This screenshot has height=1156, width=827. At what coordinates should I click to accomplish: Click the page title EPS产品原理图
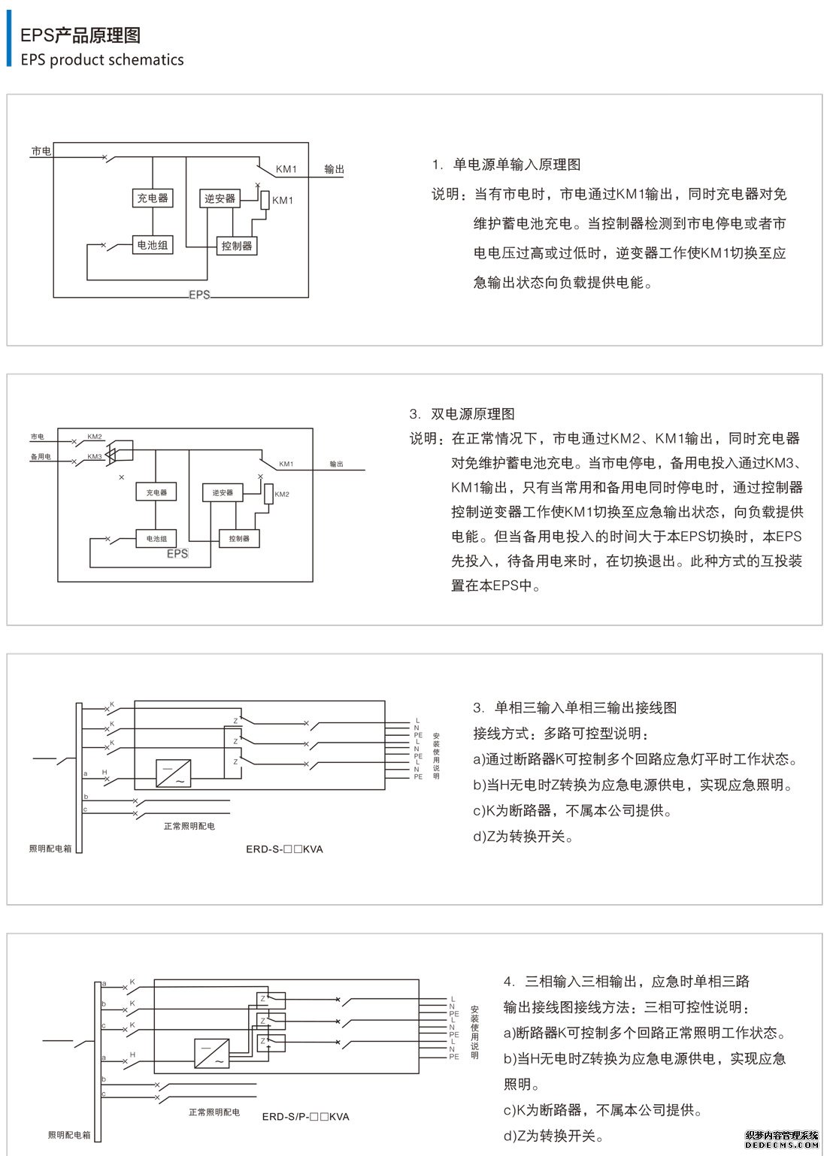point(80,35)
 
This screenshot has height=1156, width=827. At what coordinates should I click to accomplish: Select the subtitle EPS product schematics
point(102,60)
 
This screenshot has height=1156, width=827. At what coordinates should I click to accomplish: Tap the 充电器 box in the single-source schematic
point(153,198)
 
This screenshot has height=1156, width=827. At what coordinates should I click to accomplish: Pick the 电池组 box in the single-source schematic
point(153,245)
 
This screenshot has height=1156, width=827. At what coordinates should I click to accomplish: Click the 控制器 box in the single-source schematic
point(237,246)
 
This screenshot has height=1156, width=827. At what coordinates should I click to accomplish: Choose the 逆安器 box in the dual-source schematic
point(223,492)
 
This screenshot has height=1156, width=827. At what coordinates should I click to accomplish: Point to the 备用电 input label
point(41,457)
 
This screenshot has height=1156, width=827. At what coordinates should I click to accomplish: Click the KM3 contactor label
point(95,457)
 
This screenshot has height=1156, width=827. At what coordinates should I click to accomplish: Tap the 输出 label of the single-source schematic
point(335,170)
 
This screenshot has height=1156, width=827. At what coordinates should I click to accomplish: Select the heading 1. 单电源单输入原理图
point(506,165)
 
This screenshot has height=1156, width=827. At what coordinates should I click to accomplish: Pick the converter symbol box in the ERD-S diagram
point(173,773)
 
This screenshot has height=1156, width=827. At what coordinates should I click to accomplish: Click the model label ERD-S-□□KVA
point(284,849)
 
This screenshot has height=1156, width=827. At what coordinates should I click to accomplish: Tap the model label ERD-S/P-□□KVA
point(305,1117)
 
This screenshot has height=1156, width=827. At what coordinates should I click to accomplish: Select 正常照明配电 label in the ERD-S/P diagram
point(214,1112)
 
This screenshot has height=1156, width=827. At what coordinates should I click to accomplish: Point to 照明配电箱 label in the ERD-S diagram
point(50,849)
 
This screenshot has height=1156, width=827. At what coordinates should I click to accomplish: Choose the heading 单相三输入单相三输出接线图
point(577,707)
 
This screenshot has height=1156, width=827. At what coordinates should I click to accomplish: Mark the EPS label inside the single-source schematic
point(199,295)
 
